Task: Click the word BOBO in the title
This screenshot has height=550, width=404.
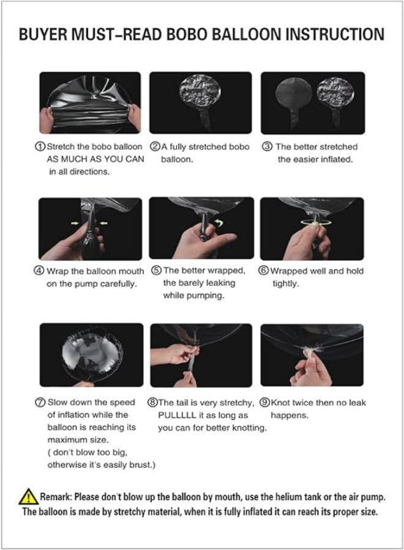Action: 188,34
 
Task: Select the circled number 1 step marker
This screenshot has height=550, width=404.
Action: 40,147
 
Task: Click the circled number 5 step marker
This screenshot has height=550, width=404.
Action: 157,271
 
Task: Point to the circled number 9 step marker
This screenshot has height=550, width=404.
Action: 264,402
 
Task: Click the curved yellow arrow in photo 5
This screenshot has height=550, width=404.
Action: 219,222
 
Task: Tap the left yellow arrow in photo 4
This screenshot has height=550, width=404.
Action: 75,222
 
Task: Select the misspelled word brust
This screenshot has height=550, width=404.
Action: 141,465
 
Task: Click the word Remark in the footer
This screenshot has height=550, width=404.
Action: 56,497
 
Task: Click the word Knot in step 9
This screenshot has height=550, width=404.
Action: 280,402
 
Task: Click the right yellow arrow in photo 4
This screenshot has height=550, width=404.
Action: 104,222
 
